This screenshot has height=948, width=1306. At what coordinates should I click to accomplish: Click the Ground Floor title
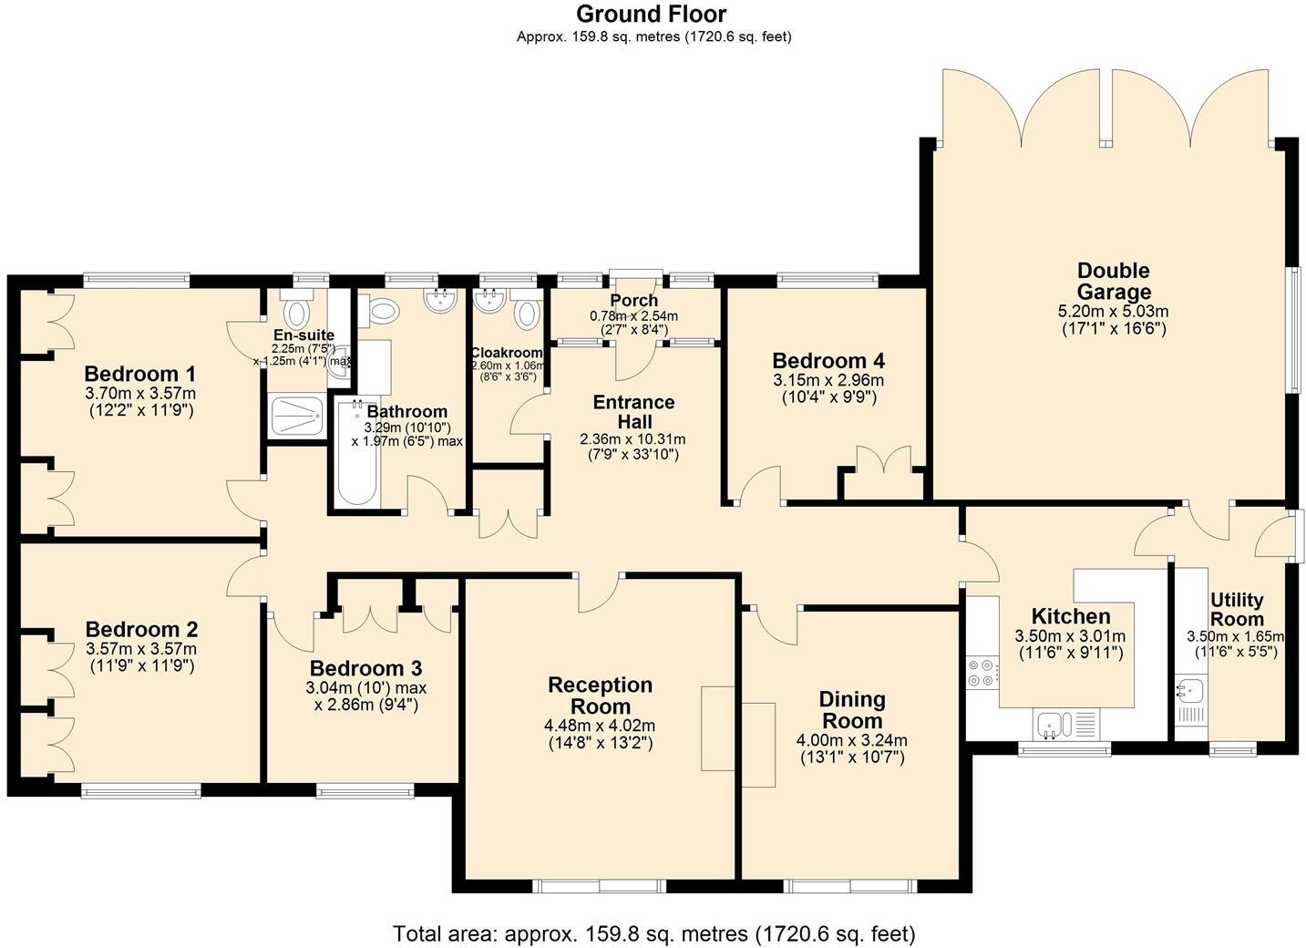click(652, 14)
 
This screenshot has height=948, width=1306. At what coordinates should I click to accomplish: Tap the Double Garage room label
click(1113, 281)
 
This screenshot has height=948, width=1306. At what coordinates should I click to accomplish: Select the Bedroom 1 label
click(140, 374)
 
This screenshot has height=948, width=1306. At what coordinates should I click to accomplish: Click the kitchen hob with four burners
click(982, 672)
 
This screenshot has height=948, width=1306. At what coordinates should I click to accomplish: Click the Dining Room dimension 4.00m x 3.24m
click(851, 740)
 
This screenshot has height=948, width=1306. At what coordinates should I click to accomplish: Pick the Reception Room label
click(600, 696)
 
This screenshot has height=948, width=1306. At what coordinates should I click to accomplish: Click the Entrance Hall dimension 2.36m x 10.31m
click(632, 439)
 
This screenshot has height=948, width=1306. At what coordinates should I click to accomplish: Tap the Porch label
click(634, 301)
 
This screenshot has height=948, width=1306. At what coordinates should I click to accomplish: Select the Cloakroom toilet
click(526, 314)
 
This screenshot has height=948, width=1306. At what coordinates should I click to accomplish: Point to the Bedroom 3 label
click(365, 668)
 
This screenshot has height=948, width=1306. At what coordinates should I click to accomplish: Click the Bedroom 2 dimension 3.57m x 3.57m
click(141, 649)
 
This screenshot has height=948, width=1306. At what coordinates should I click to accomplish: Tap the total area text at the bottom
click(653, 933)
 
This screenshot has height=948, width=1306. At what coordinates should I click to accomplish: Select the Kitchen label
click(1070, 616)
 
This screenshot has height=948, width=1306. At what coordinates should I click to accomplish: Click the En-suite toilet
click(296, 313)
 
